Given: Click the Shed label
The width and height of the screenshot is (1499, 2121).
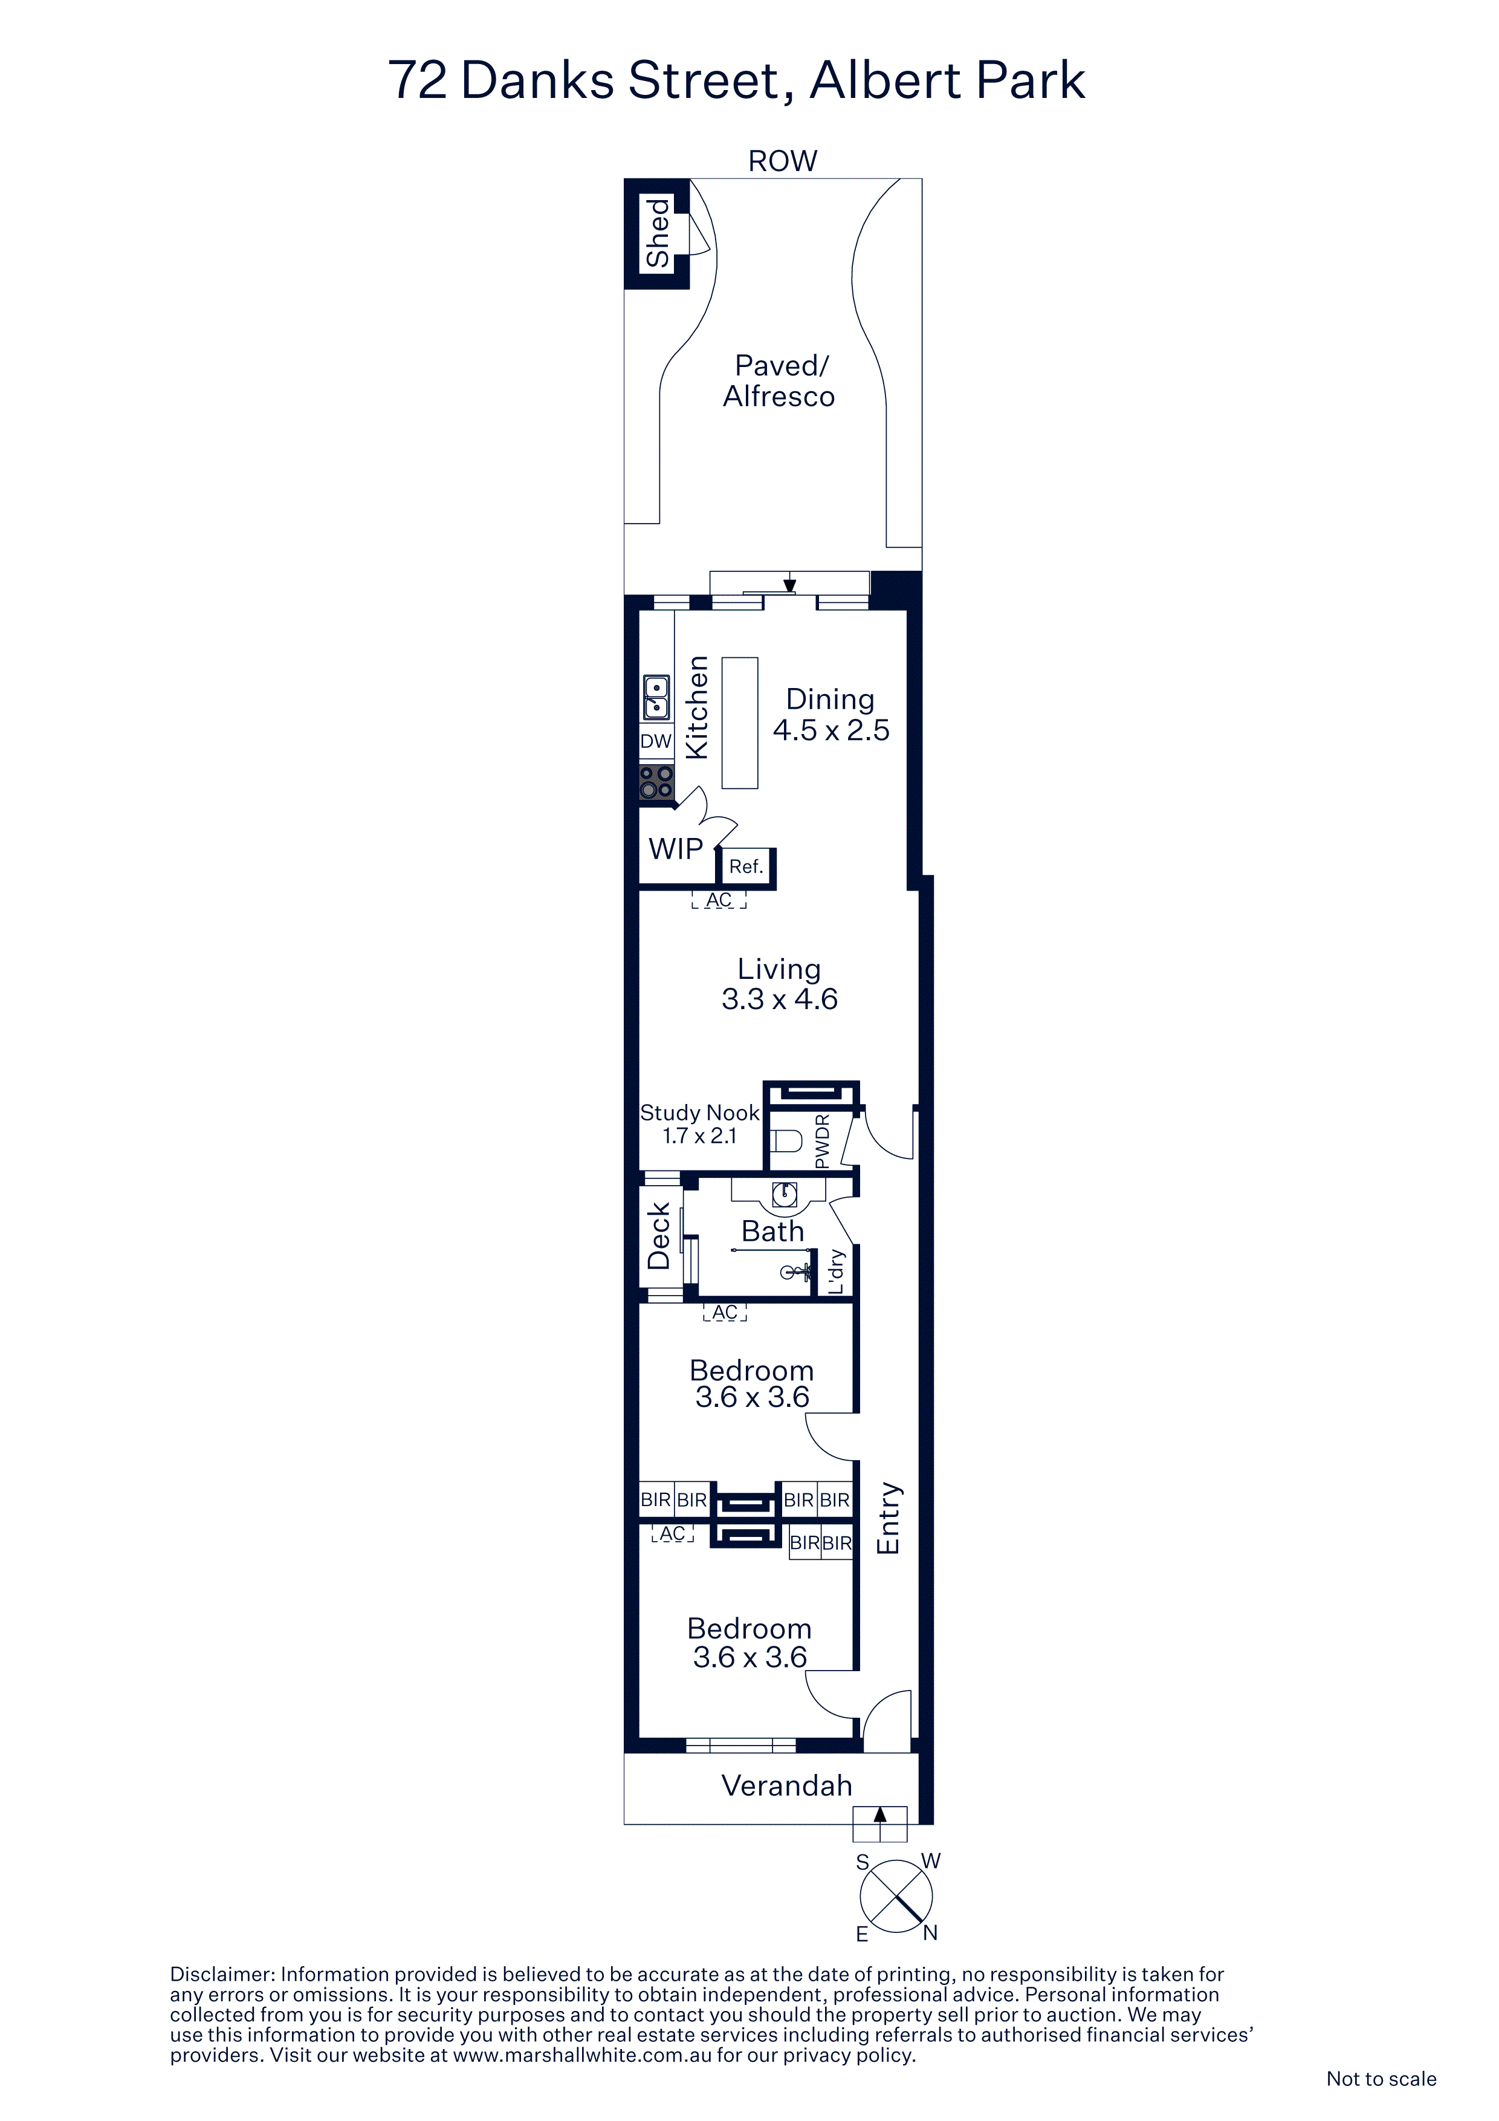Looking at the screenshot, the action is [x=658, y=234].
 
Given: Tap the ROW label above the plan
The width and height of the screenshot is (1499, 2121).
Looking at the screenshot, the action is [x=782, y=161].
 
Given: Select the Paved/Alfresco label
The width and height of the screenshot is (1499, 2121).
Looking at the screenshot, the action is [x=780, y=380].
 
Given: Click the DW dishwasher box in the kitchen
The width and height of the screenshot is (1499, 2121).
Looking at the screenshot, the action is [x=656, y=741].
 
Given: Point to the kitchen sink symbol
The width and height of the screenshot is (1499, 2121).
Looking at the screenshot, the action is [x=656, y=698].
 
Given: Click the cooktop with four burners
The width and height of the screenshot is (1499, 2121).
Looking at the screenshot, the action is [x=656, y=782].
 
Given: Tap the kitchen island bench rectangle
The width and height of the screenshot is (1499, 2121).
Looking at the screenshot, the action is [x=740, y=723].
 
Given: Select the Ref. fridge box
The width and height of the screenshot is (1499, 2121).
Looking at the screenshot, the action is [x=746, y=866].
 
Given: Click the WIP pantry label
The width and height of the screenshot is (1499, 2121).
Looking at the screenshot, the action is [x=676, y=848].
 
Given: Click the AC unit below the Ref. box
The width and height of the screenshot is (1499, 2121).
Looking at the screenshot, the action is [x=719, y=900].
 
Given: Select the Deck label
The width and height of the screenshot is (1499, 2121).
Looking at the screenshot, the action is [x=658, y=1236].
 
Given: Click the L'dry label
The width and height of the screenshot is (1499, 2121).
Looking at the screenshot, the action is [x=836, y=1271].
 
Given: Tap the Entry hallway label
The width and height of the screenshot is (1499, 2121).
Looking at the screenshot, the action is [x=887, y=1518].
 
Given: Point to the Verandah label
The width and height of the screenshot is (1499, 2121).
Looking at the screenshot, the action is [x=787, y=1785].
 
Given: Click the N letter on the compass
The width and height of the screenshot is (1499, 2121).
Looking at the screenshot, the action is [x=930, y=1932].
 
